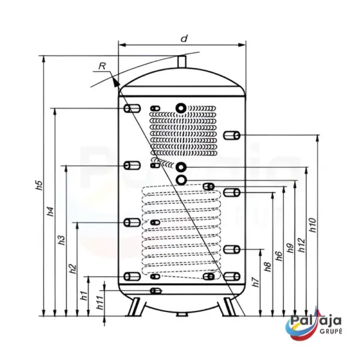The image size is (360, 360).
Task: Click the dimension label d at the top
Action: coord(184,38)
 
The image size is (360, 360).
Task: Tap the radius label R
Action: coord(102,66)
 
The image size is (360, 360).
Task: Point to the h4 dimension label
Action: coord(50,211)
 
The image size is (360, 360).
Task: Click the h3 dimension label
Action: coord(62,240)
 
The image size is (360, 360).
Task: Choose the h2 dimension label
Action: coord(73,269)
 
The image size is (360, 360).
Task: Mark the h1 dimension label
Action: coord(84,295)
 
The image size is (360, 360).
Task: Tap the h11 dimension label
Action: coord(100,302)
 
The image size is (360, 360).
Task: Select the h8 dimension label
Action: coord(268,267)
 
